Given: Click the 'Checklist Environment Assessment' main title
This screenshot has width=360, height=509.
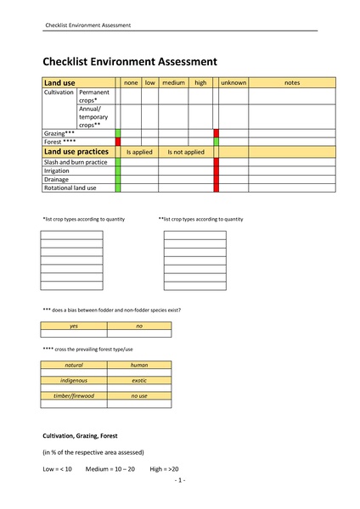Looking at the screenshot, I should point(130,61).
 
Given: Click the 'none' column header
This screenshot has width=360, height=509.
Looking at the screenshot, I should point(131,82).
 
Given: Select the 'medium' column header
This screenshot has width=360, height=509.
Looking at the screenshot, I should point(173,82).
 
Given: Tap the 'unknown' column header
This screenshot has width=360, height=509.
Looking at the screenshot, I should point(233,82).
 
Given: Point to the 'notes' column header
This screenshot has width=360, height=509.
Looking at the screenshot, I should point(292,82).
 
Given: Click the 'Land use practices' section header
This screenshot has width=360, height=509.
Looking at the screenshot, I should point(76,151).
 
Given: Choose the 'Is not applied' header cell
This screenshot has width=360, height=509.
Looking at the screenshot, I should point(186,152).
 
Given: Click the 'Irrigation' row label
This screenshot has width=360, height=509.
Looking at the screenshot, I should point(57,171).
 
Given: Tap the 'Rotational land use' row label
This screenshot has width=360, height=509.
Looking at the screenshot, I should point(70,187).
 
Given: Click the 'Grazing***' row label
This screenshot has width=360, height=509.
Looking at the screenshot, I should point(59,133).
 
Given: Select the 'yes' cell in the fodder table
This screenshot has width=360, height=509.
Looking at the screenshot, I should point(74,326).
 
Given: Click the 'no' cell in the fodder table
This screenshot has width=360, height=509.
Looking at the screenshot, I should point(139,326).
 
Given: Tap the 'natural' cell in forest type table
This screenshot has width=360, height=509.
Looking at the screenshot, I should point(74,365).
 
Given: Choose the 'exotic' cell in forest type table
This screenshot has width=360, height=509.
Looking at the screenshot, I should point(139,380).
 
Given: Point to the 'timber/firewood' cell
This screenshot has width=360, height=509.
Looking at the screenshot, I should point(74,396).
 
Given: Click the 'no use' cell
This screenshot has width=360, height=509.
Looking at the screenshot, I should point(139,396).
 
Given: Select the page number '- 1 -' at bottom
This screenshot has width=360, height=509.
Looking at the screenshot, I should point(180,480).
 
